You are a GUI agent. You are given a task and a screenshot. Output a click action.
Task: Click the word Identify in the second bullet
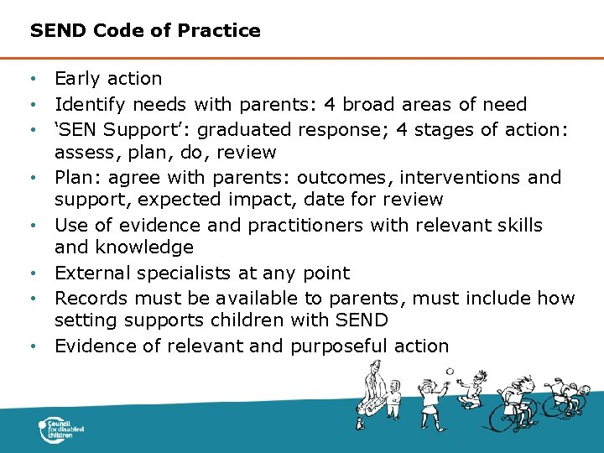click(x=89, y=105)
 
